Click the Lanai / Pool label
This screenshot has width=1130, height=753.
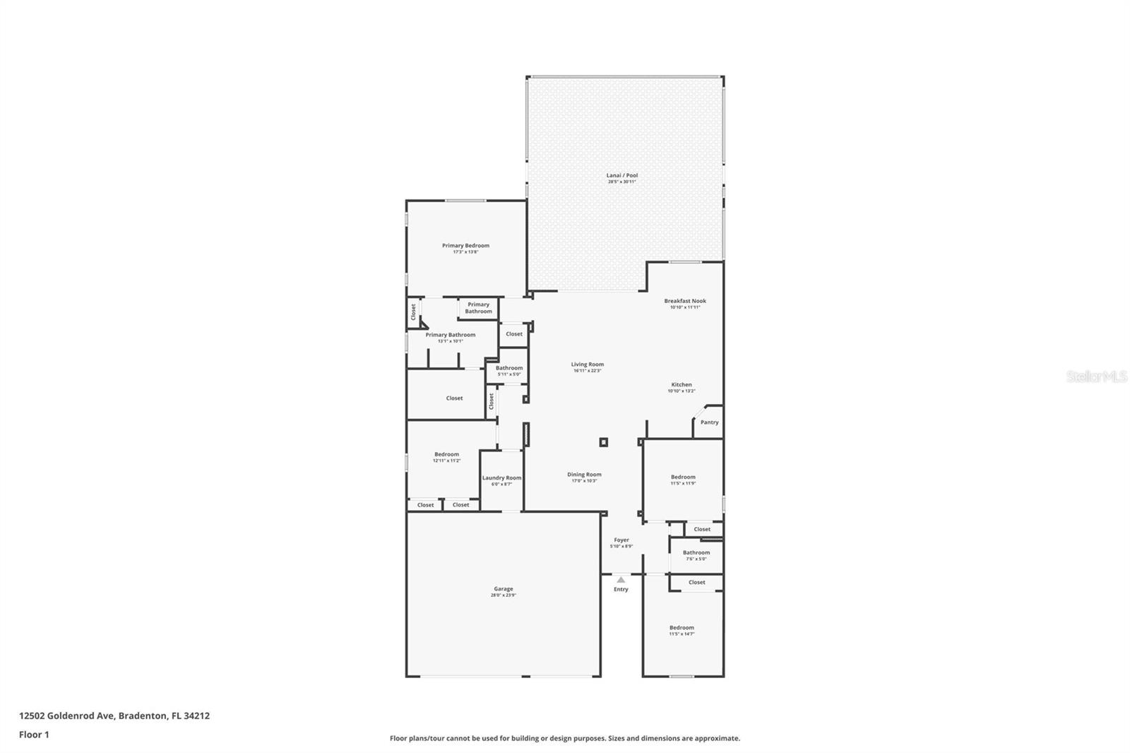pyautogui.click(x=621, y=178)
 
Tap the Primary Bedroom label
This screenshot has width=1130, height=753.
pyautogui.click(x=465, y=248)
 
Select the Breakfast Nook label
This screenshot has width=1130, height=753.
pyautogui.click(x=684, y=304)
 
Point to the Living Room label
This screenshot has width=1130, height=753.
pyautogui.click(x=587, y=367)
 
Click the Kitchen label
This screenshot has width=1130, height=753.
pyautogui.click(x=682, y=387)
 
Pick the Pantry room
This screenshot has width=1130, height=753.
pyautogui.click(x=709, y=422)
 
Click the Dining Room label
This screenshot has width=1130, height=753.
pyautogui.click(x=584, y=477)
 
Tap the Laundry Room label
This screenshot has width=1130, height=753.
pyautogui.click(x=501, y=480)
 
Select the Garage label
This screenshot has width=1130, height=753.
pyautogui.click(x=503, y=591)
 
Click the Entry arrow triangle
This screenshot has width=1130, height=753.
pyautogui.click(x=621, y=580)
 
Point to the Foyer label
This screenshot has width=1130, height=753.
pyautogui.click(x=621, y=542)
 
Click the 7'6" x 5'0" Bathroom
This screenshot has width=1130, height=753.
pyautogui.click(x=696, y=555)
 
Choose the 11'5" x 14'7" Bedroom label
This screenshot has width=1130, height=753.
pyautogui.click(x=682, y=630)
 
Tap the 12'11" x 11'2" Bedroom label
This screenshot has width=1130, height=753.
pyautogui.click(x=446, y=457)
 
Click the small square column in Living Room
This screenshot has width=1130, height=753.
pyautogui.click(x=603, y=442)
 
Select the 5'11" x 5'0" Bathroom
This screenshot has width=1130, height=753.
pyautogui.click(x=509, y=370)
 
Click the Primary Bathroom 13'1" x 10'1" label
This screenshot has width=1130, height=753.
pyautogui.click(x=450, y=337)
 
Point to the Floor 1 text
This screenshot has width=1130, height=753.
pyautogui.click(x=34, y=735)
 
